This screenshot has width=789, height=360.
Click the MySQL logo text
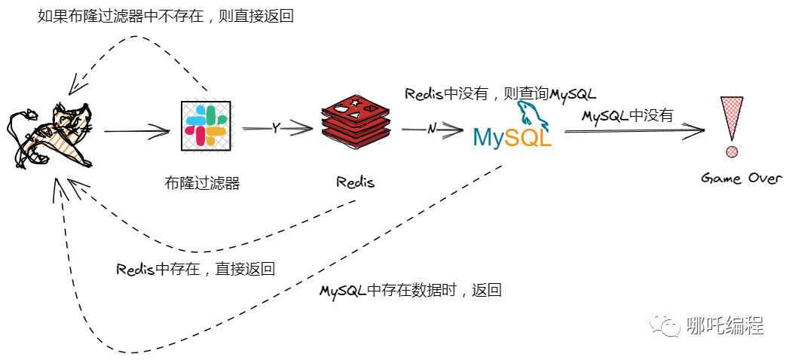pos(512,137)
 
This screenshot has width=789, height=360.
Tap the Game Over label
pos(742,178)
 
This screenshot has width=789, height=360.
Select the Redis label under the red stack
pos(355,182)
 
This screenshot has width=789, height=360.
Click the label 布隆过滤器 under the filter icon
pos(202,182)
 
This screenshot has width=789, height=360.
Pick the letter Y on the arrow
pos(276,128)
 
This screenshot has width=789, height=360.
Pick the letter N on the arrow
pos(432,129)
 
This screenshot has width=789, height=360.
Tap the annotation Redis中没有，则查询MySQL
pos(500,94)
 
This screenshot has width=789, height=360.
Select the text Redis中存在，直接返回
pos(195,269)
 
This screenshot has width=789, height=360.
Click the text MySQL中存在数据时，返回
pos(411,291)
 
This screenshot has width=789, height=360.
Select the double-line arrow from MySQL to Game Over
pos(633,131)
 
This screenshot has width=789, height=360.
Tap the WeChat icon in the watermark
pos(667,325)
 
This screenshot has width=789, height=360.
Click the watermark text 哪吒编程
pos(726,325)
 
